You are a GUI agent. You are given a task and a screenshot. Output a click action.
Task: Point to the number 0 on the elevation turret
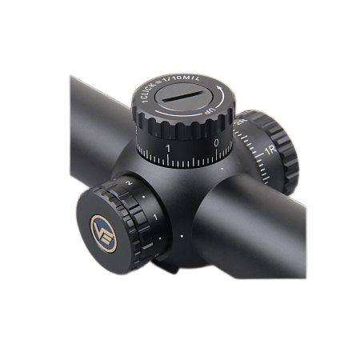(x=217, y=143)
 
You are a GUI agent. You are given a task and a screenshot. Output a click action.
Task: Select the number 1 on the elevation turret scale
(x=168, y=149)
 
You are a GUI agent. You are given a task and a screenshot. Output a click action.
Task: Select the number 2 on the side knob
(x=127, y=185)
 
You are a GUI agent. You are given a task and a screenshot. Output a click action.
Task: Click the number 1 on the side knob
(x=154, y=217)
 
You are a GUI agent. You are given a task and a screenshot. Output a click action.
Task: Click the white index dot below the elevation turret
(x=222, y=170)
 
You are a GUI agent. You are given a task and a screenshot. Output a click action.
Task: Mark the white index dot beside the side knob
(x=182, y=237)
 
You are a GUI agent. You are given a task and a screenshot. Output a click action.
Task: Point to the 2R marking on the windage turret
(x=239, y=122)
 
